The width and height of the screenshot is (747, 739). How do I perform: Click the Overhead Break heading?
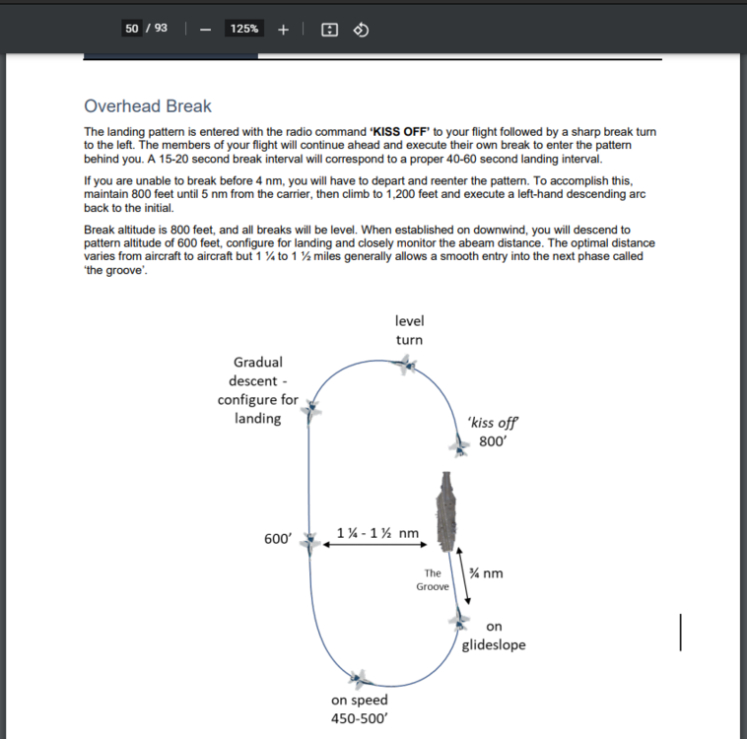click(148, 106)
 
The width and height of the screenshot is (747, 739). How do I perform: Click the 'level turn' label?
click(409, 330)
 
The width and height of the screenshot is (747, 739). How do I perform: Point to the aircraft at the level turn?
click(404, 366)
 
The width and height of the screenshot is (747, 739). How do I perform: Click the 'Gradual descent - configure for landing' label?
click(257, 390)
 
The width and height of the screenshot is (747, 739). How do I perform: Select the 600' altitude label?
click(279, 539)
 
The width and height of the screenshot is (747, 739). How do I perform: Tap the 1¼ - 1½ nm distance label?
click(377, 533)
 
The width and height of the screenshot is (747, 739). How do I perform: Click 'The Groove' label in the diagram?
click(433, 579)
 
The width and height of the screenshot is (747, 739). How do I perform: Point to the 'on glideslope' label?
click(494, 636)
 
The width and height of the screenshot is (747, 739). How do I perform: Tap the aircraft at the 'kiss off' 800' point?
click(460, 446)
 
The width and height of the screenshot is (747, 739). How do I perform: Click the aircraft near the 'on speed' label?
click(360, 678)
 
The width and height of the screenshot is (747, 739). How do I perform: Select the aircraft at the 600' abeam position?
click(311, 542)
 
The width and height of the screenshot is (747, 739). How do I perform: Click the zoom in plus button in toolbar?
click(283, 29)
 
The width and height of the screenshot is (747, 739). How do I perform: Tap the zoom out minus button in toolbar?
click(205, 29)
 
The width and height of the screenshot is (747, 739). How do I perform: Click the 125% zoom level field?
click(244, 29)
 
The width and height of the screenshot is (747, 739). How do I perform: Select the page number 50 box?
click(132, 29)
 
